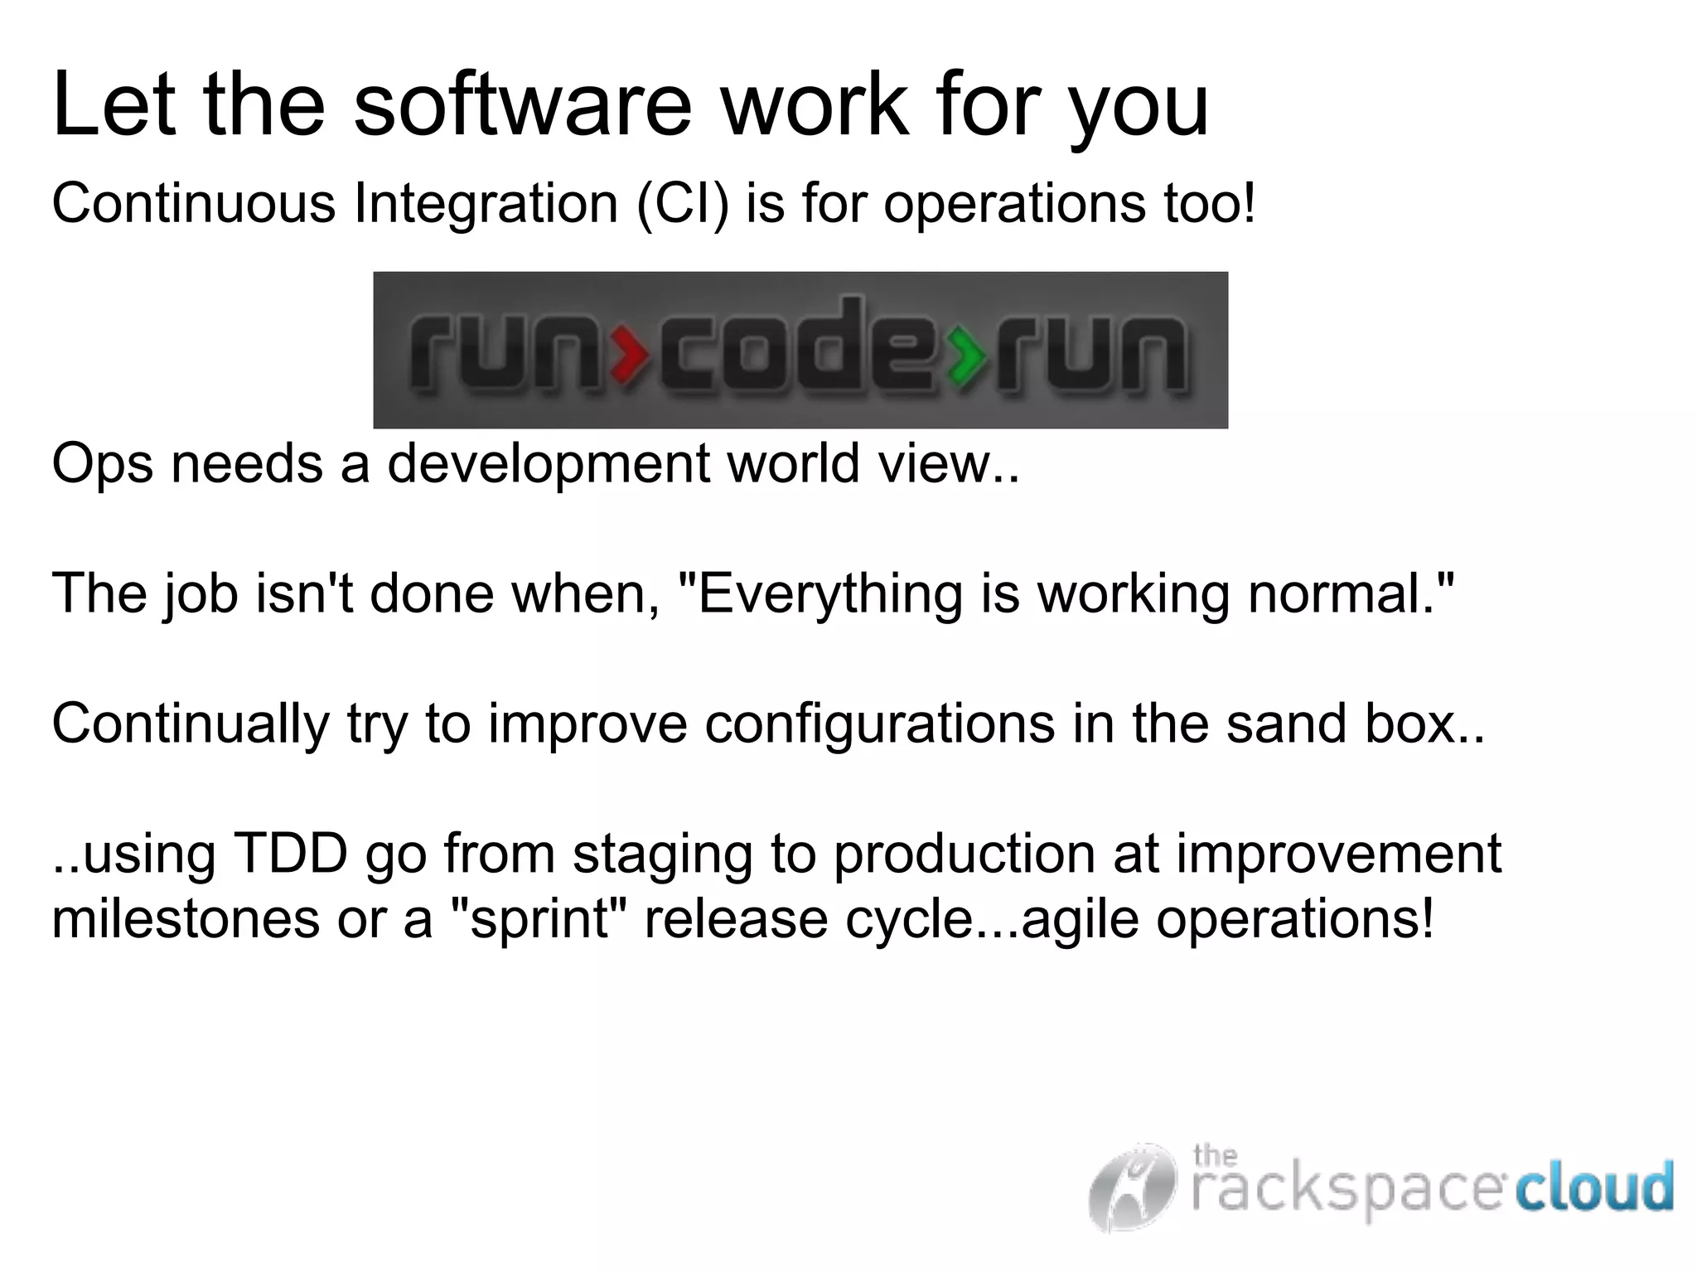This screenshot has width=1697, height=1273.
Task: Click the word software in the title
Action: click(522, 106)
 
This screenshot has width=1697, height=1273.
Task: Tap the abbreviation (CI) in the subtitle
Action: click(683, 203)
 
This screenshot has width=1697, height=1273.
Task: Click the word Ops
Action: click(102, 464)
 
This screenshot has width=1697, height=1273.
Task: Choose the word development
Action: click(548, 464)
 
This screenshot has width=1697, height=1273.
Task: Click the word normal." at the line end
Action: click(1351, 594)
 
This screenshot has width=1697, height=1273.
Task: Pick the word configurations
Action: click(878, 724)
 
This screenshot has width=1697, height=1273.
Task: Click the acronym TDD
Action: click(291, 854)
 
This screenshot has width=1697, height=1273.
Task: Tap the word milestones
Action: click(185, 919)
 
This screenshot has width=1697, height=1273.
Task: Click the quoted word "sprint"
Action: click(538, 919)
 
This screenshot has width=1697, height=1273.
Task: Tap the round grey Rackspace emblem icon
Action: click(1133, 1187)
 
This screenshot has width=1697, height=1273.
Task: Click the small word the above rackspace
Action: click(1215, 1154)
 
